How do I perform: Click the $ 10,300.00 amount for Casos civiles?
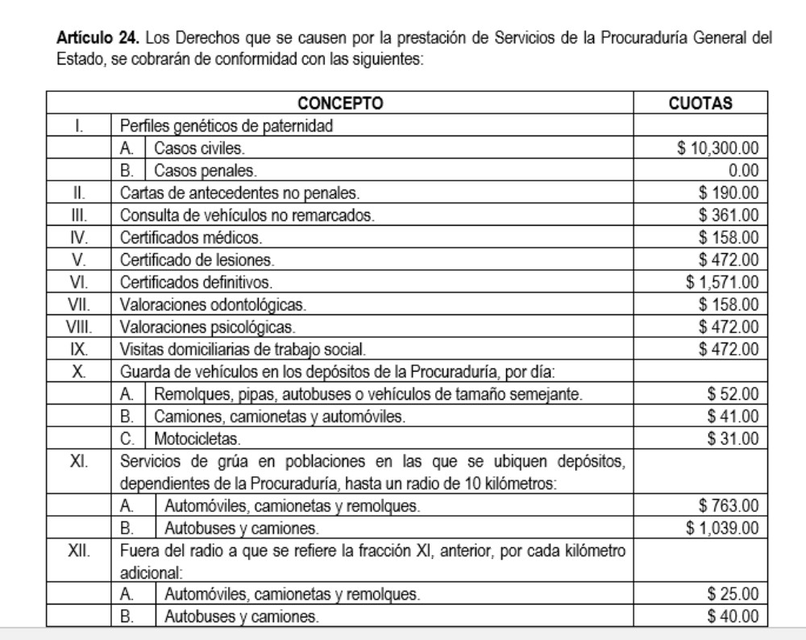click(717, 149)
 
